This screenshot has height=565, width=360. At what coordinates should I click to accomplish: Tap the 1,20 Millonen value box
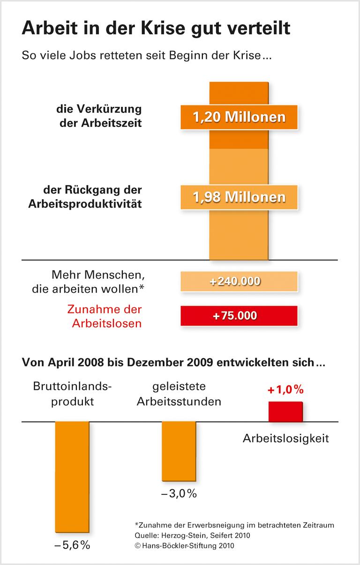click(239, 116)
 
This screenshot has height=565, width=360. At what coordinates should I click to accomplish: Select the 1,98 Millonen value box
click(239, 197)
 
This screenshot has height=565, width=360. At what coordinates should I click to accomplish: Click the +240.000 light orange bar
click(239, 282)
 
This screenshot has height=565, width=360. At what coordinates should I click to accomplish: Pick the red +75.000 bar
click(239, 316)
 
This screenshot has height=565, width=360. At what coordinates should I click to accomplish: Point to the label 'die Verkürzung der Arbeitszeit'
click(99, 117)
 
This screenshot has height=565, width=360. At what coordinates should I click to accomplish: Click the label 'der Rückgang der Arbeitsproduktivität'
click(92, 197)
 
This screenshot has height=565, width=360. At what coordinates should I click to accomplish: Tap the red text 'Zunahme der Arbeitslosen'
click(105, 316)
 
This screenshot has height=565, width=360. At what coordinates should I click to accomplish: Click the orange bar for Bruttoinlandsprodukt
click(72, 476)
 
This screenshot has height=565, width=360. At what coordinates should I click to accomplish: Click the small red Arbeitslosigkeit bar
click(285, 411)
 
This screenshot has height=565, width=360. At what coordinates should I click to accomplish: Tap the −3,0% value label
click(179, 494)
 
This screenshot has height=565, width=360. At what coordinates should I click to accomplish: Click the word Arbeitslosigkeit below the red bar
click(286, 439)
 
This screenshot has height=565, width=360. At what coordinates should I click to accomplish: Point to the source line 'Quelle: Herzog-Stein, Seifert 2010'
click(192, 535)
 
